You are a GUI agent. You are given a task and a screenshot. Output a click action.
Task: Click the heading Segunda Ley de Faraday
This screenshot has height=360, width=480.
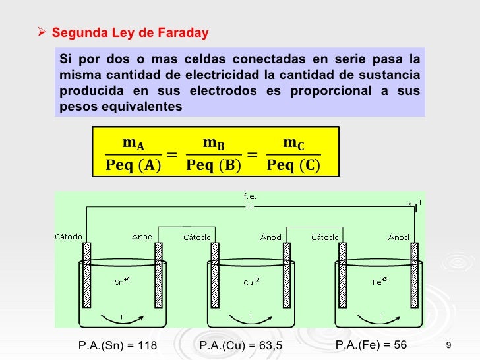point(130,32)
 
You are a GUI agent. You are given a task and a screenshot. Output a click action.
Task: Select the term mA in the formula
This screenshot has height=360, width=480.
point(133,143)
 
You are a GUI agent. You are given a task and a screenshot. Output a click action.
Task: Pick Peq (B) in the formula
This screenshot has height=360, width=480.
point(213,164)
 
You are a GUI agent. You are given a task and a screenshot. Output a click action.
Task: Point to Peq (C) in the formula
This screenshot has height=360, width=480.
point(293,164)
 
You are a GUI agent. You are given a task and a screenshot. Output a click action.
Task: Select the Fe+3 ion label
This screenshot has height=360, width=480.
point(378,280)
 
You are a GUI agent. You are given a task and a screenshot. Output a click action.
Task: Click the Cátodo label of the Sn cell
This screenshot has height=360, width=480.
point(69,237)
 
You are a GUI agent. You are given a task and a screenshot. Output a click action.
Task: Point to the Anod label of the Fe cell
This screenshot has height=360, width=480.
point(398,237)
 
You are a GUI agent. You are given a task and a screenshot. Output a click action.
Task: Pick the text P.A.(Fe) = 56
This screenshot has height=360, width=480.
point(371,345)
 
